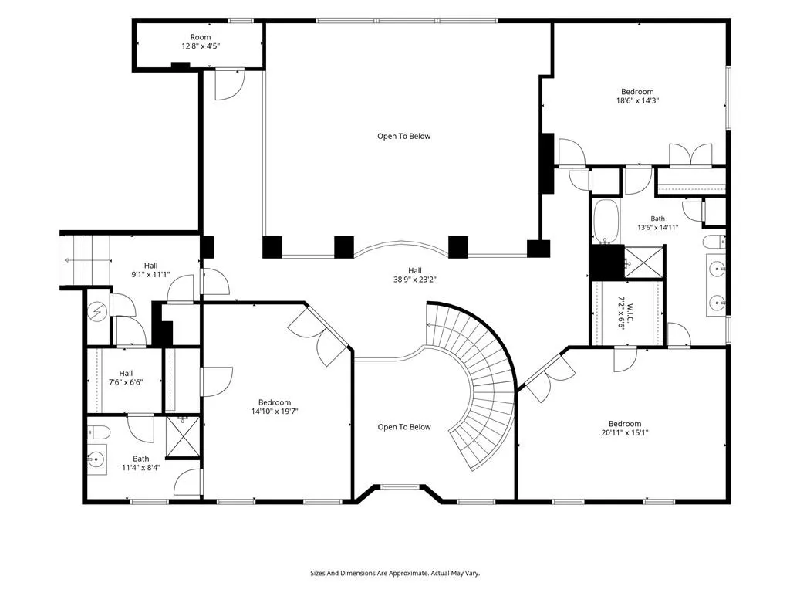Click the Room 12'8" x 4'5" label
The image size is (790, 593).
click(x=201, y=42)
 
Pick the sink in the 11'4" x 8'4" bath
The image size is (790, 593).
click(x=96, y=459)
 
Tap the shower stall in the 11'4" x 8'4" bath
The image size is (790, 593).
click(x=183, y=436)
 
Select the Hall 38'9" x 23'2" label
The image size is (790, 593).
click(x=414, y=275)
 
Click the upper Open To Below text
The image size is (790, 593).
click(x=404, y=136)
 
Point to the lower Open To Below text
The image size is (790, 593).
click(x=404, y=427)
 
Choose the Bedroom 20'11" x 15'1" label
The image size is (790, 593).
click(x=625, y=428)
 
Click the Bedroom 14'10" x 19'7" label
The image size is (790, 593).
click(x=275, y=406)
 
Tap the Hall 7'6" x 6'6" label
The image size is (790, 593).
click(x=126, y=378)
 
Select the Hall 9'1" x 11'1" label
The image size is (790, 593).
click(x=150, y=269)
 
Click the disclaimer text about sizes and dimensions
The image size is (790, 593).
click(x=395, y=574)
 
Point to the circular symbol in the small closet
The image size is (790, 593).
click(x=98, y=313)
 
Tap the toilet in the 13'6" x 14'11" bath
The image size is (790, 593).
click(x=714, y=242)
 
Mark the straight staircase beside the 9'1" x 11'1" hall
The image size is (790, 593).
click(x=86, y=261)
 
